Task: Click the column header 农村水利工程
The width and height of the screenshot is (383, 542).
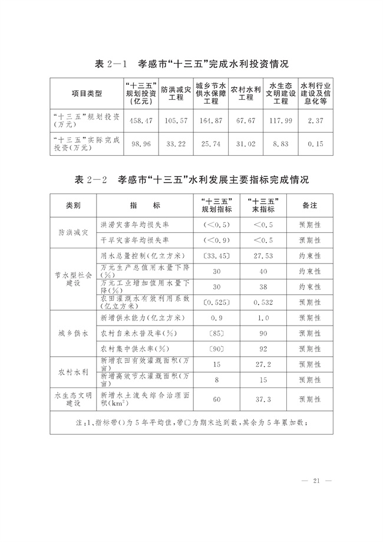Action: (x=242, y=93)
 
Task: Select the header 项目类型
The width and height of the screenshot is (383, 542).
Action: (x=87, y=93)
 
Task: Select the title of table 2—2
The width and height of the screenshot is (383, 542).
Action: (x=191, y=179)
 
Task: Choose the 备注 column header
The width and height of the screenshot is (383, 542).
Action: (x=309, y=206)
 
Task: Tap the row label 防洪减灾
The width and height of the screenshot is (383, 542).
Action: (x=73, y=233)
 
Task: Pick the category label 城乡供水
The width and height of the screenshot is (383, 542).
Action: (x=73, y=333)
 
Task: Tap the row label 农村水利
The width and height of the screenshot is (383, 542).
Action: (x=73, y=372)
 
